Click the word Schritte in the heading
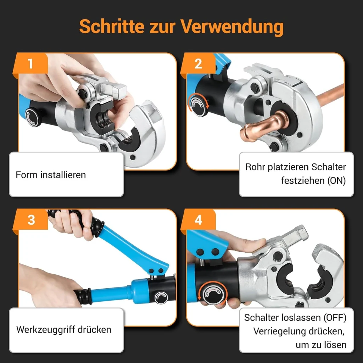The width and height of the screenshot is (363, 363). coord(112,26)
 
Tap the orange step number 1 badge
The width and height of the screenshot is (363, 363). coord(30,63)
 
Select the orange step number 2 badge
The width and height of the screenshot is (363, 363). coord(198,63)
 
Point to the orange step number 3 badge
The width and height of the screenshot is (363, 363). coord(31,220)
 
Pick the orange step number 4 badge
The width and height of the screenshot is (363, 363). coord(198,220)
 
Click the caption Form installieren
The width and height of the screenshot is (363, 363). coord(51,175)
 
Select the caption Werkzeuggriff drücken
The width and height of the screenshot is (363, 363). coord(64,329)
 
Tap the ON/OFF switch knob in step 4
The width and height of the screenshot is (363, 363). coord(213,294)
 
